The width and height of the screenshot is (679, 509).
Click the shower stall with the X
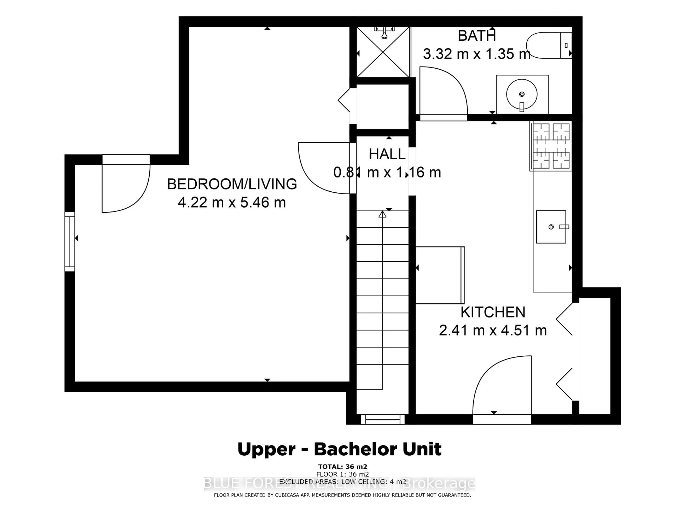[383, 52]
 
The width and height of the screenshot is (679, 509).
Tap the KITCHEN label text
[493, 312]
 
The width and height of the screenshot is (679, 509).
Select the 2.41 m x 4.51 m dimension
[493, 330]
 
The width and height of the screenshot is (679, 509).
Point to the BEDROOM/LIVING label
[232, 184]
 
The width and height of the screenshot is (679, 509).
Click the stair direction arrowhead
[382, 214]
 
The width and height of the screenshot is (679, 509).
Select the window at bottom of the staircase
[382, 419]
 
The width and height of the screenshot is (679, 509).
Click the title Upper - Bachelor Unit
[339, 449]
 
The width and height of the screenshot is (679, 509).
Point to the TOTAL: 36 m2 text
[342, 467]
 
